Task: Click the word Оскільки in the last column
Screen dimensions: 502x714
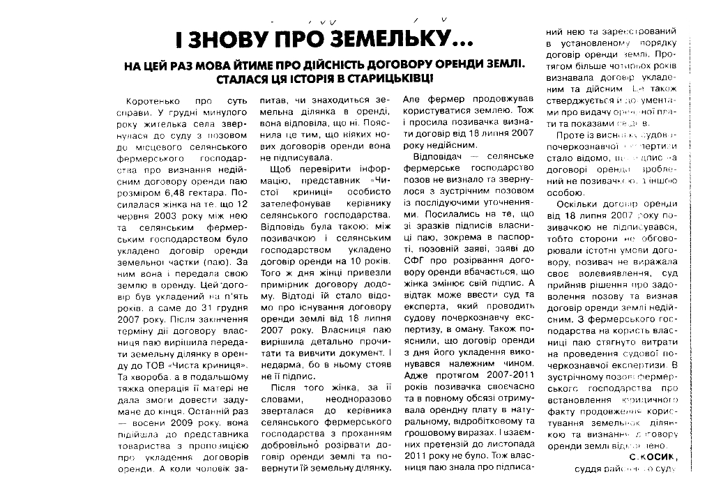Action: coord(578,204)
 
